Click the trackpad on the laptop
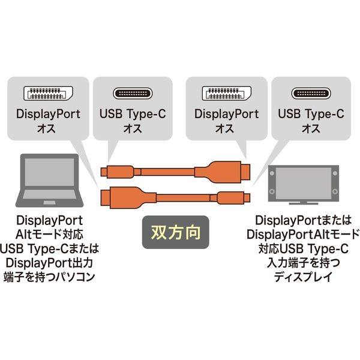(x=49, y=203)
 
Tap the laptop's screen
(x=49, y=172)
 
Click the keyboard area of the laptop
(x=49, y=194)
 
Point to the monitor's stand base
(x=303, y=203)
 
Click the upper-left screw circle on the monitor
(x=272, y=173)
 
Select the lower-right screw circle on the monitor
(x=335, y=191)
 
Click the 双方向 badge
(x=176, y=232)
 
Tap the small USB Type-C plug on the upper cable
(x=118, y=172)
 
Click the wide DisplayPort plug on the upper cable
(x=222, y=172)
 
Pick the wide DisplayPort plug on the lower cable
(x=128, y=197)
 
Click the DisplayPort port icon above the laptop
(x=48, y=93)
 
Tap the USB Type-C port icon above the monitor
(x=311, y=94)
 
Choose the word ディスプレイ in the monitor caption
(x=303, y=277)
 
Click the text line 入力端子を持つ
(x=303, y=263)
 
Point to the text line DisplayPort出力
(x=49, y=263)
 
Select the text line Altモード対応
(x=49, y=235)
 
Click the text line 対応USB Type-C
(x=303, y=248)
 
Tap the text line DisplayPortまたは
(x=303, y=220)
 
